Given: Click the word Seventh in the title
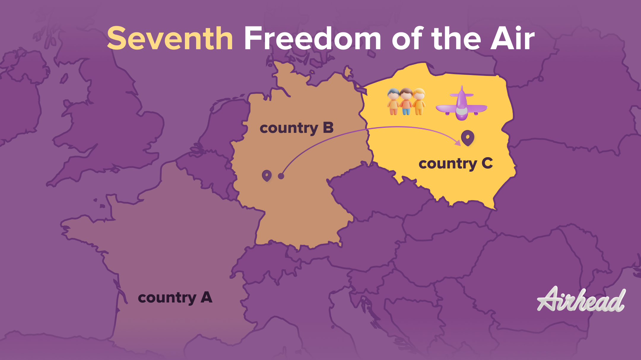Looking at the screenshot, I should click(x=170, y=39).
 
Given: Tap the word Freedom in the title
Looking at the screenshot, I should click(x=312, y=39).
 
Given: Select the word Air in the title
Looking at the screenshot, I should click(x=512, y=39).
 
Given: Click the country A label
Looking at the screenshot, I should click(x=175, y=298).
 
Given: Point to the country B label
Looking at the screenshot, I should click(x=296, y=128).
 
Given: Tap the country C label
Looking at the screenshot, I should click(x=456, y=164).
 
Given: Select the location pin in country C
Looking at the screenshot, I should click(x=468, y=138).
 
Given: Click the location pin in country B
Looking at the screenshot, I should click(x=267, y=175).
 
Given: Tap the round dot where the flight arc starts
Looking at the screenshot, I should click(x=281, y=176).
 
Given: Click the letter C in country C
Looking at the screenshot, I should click(x=487, y=163).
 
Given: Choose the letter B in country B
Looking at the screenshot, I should click(x=328, y=128).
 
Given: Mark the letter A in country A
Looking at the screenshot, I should click(x=207, y=297).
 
